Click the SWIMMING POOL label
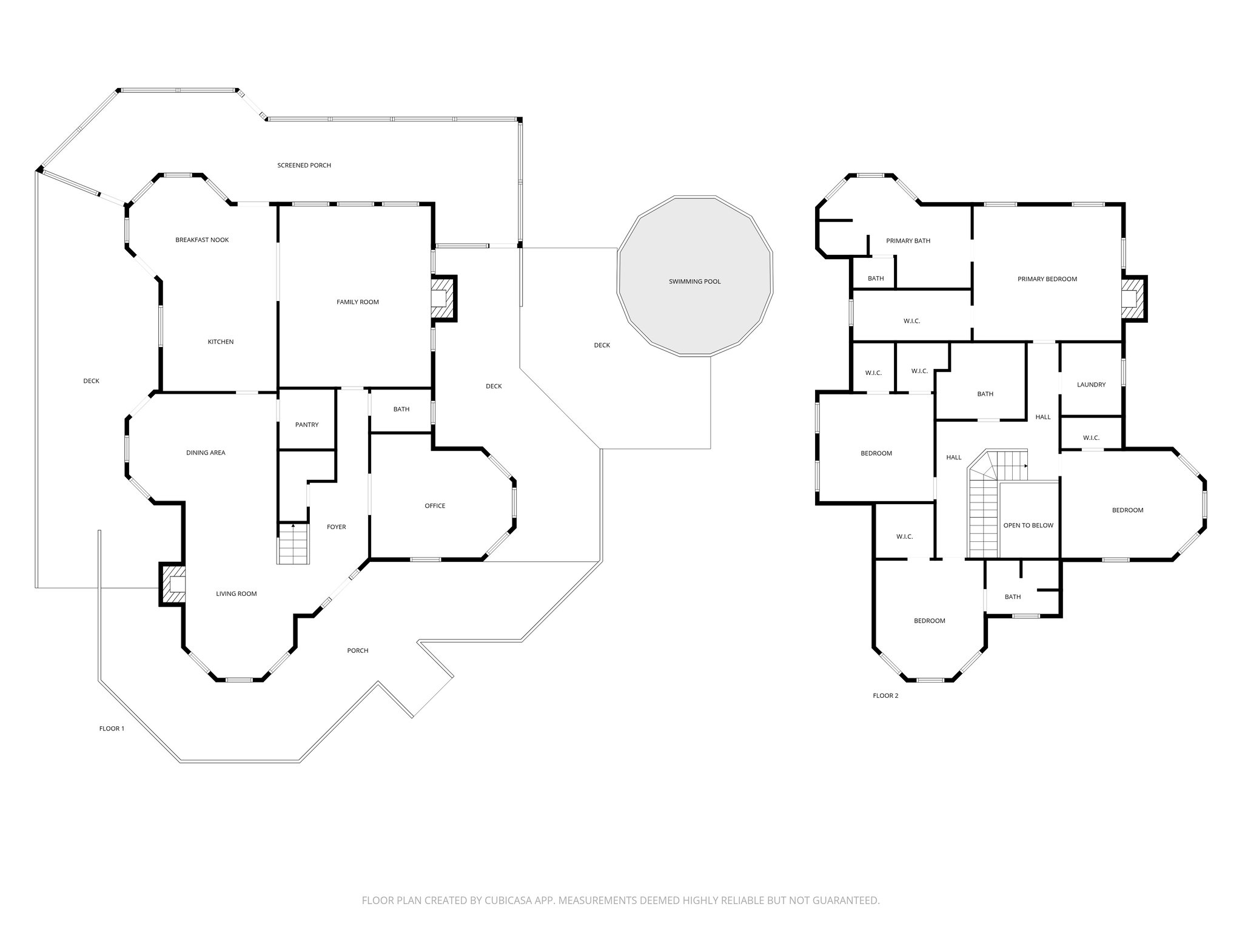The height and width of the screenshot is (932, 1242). [694, 282]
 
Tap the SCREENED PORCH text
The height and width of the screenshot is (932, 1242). [304, 165]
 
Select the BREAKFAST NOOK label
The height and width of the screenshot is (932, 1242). [202, 240]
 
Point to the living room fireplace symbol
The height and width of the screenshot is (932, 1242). [172, 584]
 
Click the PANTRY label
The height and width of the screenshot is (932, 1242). [307, 425]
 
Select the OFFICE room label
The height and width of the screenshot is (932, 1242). [435, 505]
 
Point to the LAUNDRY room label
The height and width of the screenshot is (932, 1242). [1091, 385]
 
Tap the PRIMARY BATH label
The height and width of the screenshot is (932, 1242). [908, 241]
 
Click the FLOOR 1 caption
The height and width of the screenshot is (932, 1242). [112, 728]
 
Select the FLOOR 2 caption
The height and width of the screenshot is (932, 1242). [885, 695]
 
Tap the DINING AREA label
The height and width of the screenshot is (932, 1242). [206, 453]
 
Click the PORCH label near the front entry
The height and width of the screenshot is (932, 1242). [358, 650]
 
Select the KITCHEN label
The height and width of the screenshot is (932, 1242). [221, 342]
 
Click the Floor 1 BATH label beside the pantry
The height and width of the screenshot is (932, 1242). [401, 409]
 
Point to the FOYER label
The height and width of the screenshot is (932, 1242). [337, 527]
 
